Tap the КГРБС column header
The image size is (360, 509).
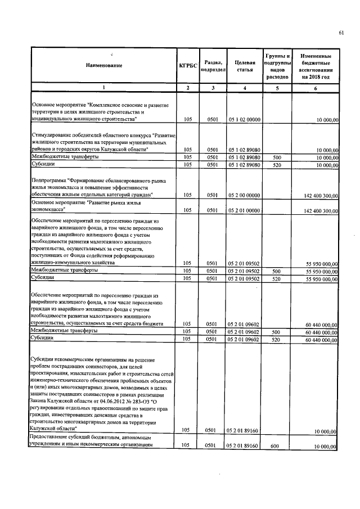point(188,66)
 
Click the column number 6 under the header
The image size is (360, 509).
point(316,88)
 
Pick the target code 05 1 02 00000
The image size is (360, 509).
point(244,120)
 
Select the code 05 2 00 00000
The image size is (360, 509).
point(244,195)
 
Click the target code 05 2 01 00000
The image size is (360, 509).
point(244,210)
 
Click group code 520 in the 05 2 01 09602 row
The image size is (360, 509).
point(276,339)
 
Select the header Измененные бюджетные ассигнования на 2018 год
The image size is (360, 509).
point(316,66)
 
